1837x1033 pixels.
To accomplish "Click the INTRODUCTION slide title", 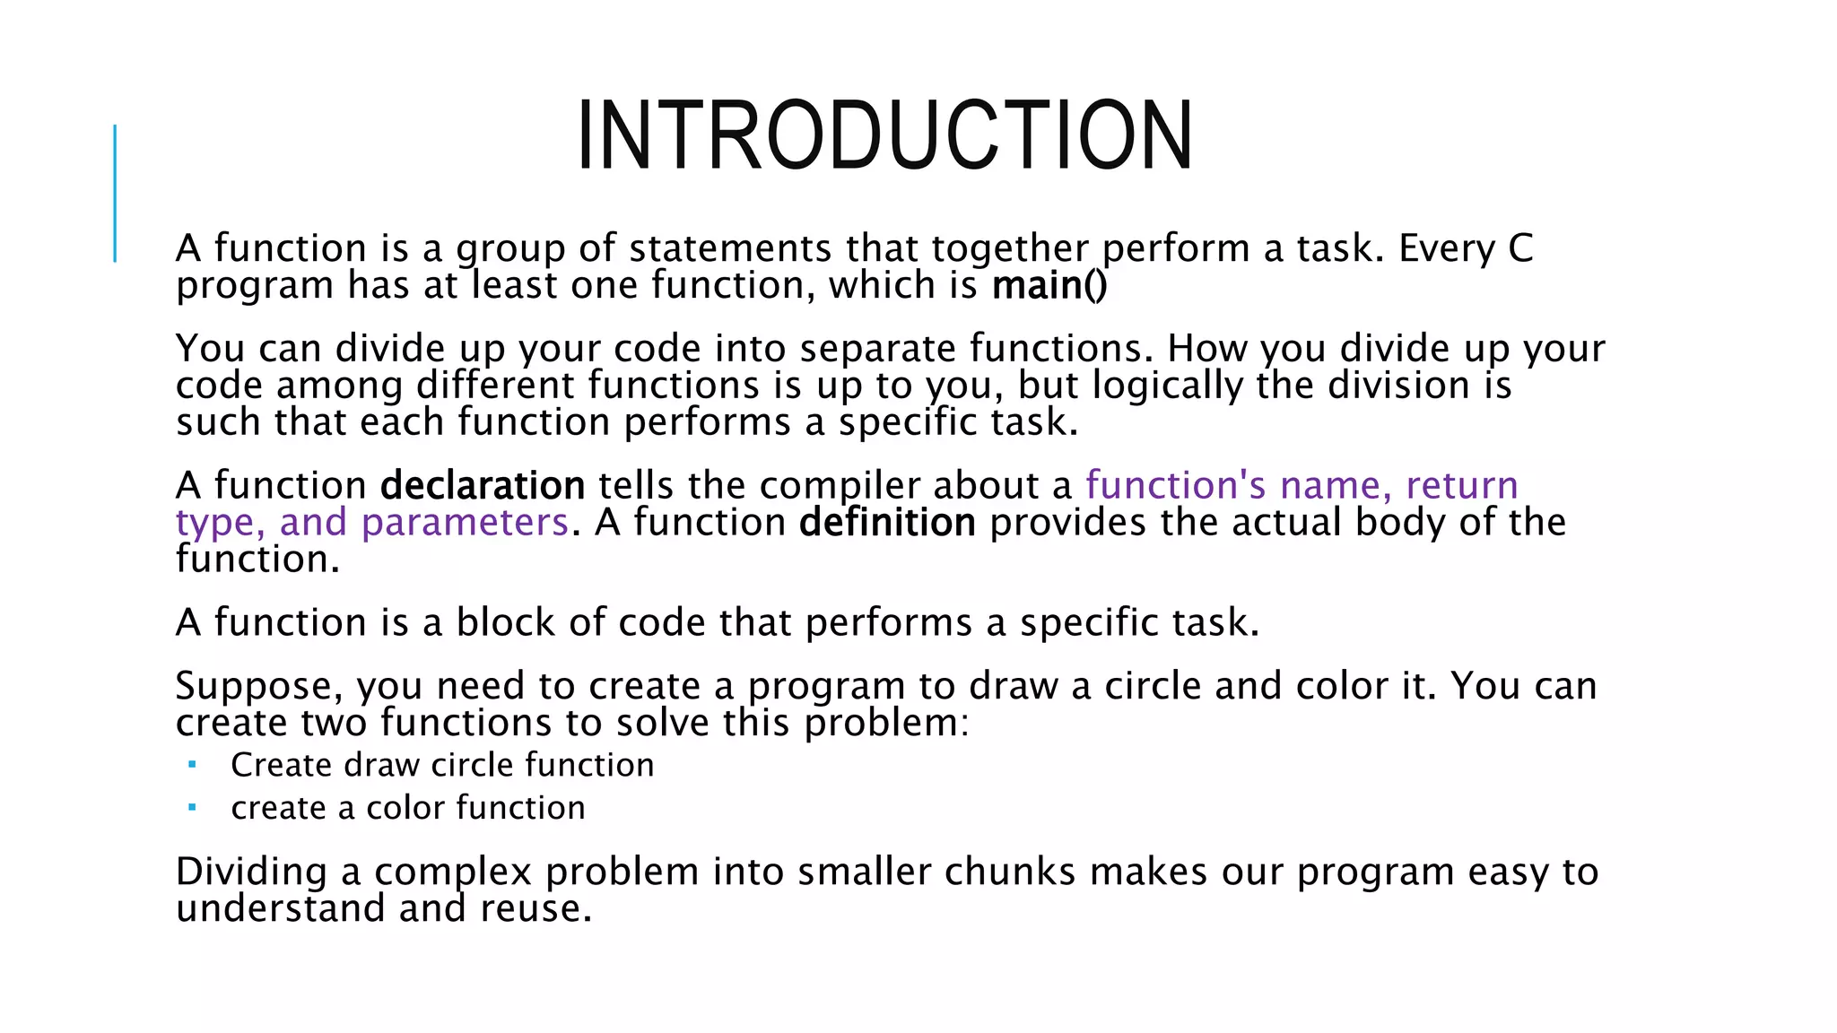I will pos(884,136).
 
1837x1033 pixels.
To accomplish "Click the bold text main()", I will pos(1049,286).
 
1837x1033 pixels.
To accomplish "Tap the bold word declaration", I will pos(483,486).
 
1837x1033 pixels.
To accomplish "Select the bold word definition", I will pos(887,523).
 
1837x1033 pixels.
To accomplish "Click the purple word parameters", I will pos(465,523).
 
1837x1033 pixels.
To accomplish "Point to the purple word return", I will pos(1461,486).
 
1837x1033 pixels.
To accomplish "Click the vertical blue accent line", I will pos(115,193).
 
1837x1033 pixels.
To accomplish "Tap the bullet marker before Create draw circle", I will pos(192,765).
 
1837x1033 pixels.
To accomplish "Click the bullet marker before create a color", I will pos(192,807).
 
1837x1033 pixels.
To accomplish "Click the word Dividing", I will pos(251,872).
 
